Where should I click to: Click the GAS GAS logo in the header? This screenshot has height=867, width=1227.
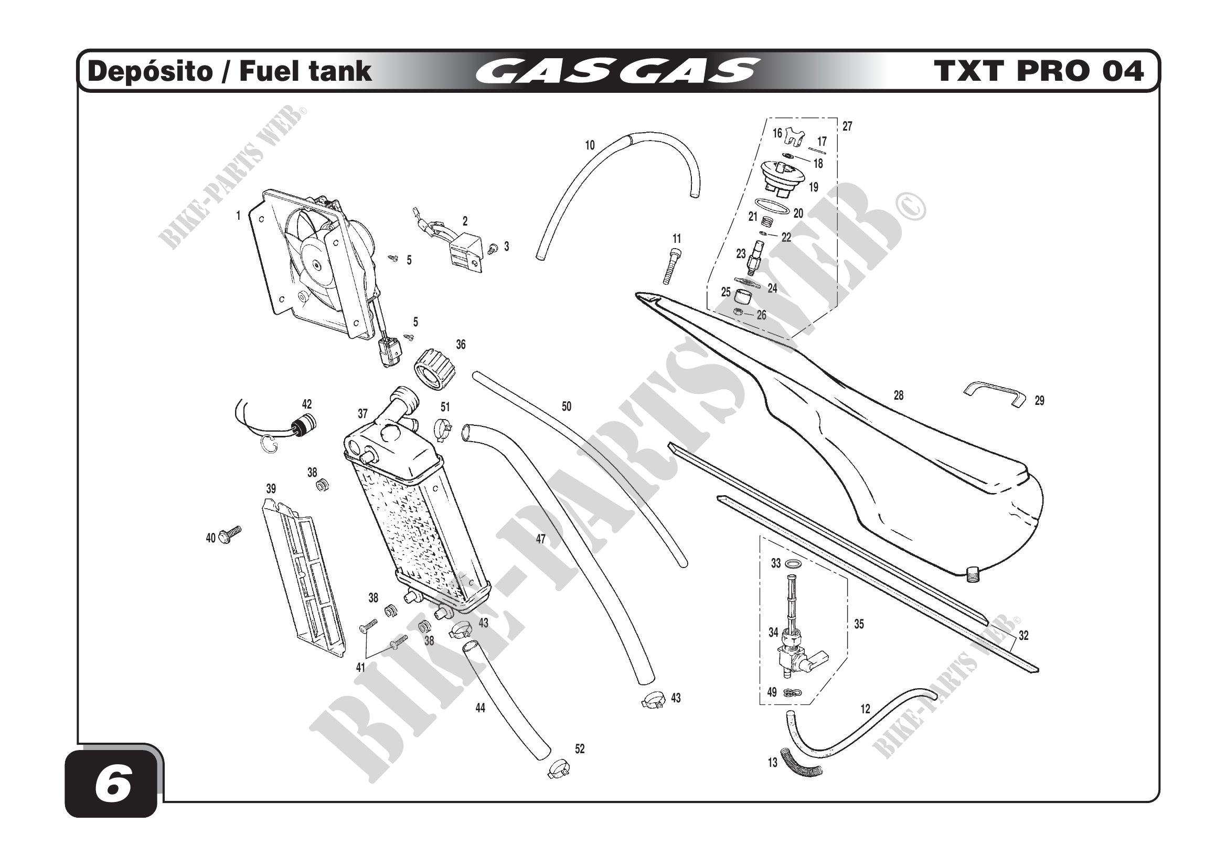tap(617, 71)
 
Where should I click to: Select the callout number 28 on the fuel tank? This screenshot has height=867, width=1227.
tap(898, 395)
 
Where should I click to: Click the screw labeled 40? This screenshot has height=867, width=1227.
tap(230, 533)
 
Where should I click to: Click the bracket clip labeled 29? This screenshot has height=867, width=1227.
tap(996, 393)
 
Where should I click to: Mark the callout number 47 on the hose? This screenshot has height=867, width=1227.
tap(540, 539)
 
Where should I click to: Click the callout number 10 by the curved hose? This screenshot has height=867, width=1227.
tap(590, 145)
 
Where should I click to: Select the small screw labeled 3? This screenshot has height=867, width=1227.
tap(493, 248)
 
